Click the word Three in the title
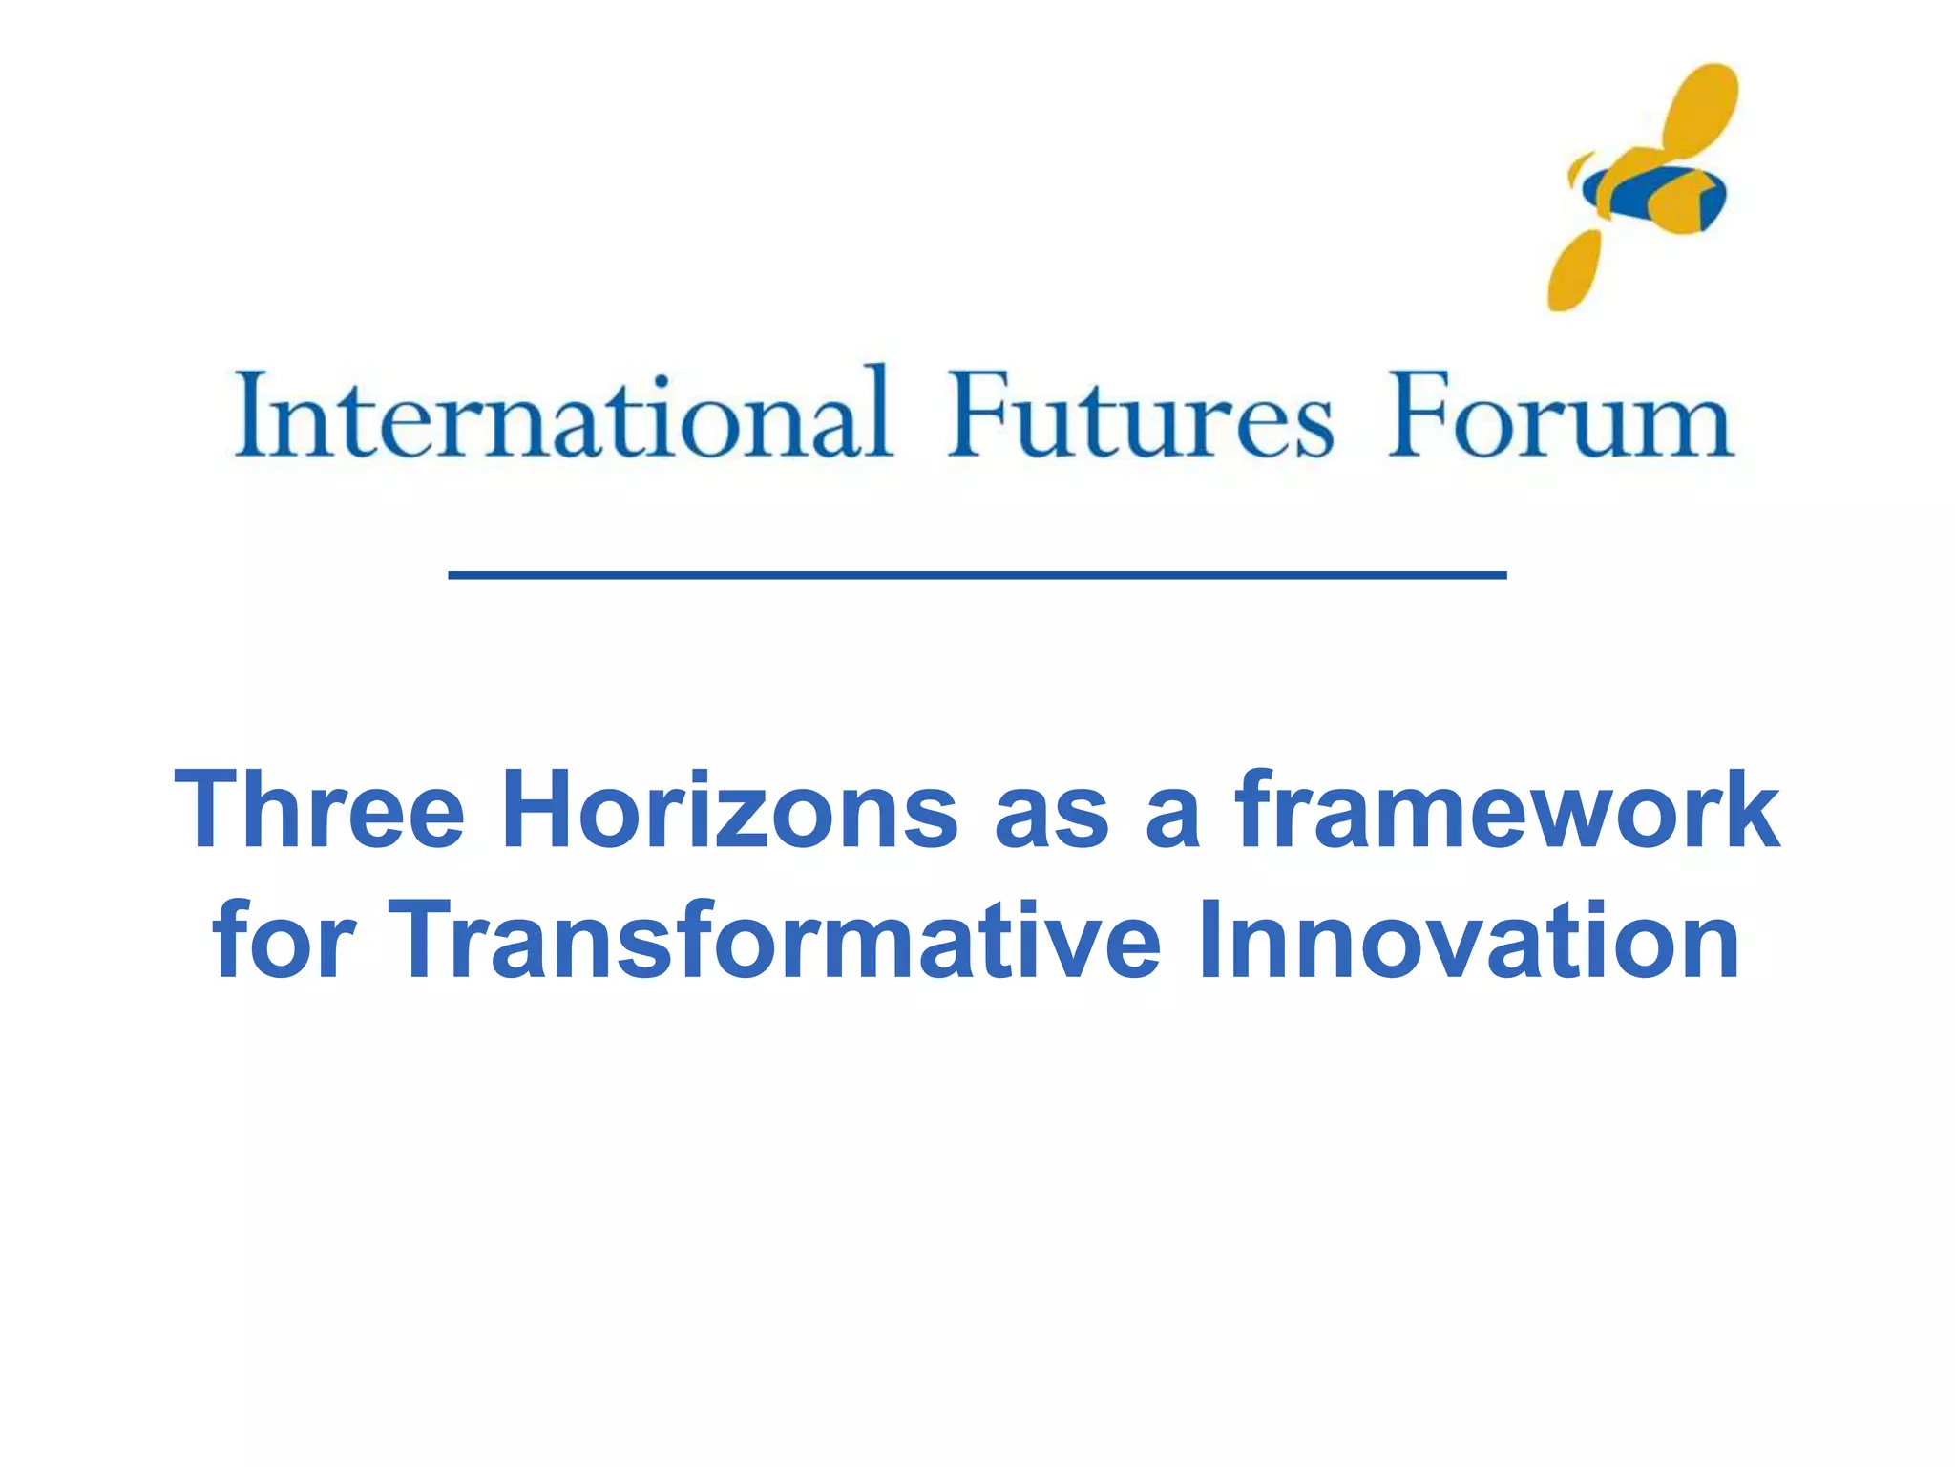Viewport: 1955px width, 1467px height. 321,810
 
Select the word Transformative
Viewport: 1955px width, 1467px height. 773,941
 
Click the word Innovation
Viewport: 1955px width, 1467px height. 1470,941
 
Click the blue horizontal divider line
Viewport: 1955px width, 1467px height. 977,575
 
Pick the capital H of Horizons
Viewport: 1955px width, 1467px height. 539,810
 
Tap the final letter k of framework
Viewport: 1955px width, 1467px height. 1750,810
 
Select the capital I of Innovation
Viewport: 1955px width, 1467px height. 1210,941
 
